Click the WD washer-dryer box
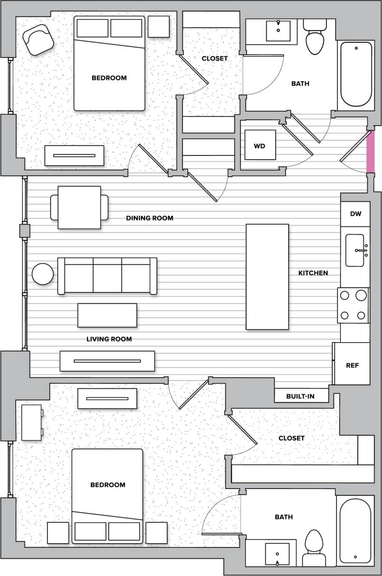[x=260, y=145]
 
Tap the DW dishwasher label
[x=355, y=214]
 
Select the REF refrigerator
[x=352, y=365]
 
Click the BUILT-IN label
[x=300, y=396]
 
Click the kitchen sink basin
[x=354, y=250]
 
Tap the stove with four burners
[x=353, y=305]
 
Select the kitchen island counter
[x=267, y=276]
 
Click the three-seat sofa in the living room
[x=107, y=276]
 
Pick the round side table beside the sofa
[x=43, y=274]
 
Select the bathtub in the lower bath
[x=355, y=530]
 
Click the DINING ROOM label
[x=150, y=218]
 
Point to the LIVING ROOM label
[x=109, y=339]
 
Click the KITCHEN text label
[x=313, y=273]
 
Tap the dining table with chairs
[x=79, y=207]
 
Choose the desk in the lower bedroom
[x=31, y=422]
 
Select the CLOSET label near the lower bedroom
[x=291, y=438]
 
